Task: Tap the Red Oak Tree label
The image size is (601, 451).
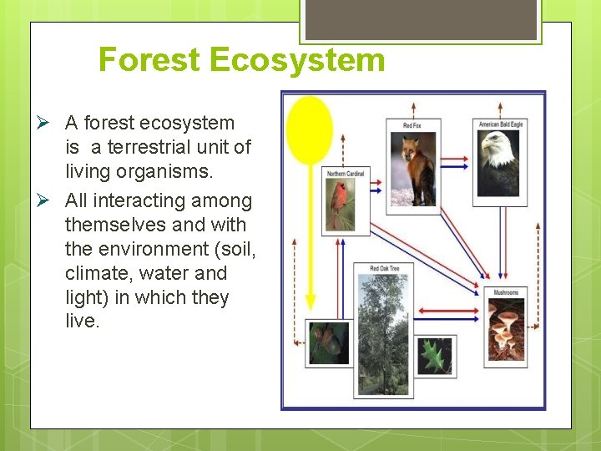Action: point(384,269)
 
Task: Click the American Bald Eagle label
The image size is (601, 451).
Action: point(501,124)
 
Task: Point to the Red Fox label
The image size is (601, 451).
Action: point(412,125)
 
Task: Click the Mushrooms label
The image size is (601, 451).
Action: point(506,292)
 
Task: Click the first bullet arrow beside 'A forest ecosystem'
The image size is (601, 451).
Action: point(48,124)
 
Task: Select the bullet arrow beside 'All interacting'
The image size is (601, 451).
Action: point(48,201)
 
